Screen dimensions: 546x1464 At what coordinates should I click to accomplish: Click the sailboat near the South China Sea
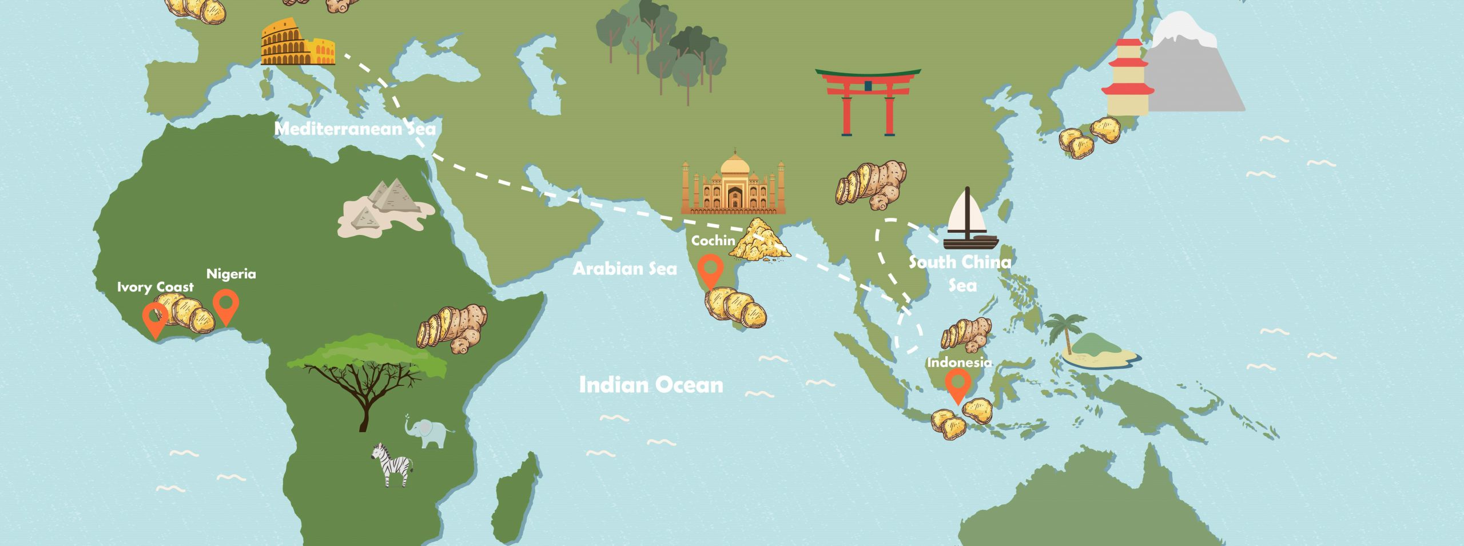(x=969, y=221)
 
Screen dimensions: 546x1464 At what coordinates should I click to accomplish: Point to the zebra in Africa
(x=393, y=464)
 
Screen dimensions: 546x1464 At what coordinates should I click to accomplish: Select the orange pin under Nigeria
(x=226, y=305)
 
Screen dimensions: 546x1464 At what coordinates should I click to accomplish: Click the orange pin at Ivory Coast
(x=155, y=318)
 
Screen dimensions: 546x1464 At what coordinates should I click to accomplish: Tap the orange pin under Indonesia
(x=958, y=385)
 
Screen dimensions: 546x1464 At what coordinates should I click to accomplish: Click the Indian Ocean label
(x=651, y=384)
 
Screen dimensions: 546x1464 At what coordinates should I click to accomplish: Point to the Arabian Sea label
(x=624, y=268)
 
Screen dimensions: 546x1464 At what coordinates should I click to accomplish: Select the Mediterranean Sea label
(x=355, y=129)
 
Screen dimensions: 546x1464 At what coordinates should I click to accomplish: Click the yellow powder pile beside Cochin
(x=761, y=240)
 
